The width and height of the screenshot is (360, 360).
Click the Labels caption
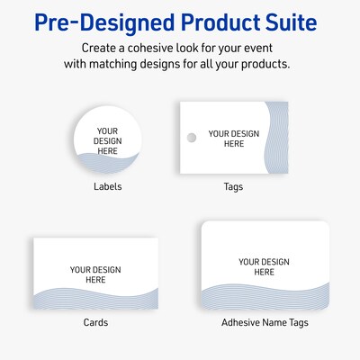coord(107,186)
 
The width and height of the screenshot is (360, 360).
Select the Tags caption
coord(233,186)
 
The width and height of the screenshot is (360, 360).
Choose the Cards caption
coord(95,321)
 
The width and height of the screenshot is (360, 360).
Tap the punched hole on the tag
coord(190,137)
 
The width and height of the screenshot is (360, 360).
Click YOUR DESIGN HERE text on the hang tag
coord(233,138)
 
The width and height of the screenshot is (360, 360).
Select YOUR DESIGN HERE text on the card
coord(95,274)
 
